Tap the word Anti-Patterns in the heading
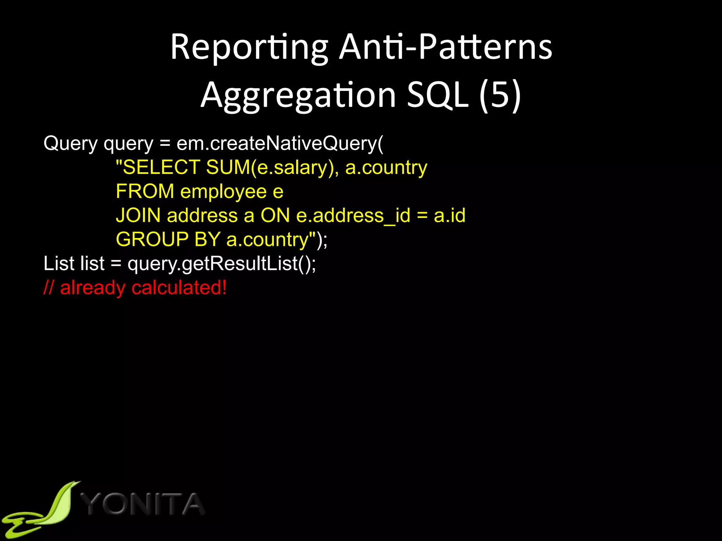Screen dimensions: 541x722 click(x=446, y=48)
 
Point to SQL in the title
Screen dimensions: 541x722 click(x=438, y=95)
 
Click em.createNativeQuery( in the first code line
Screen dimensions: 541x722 click(x=280, y=144)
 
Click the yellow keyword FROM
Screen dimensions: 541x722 click(x=145, y=192)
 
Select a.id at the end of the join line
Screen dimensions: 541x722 click(x=449, y=216)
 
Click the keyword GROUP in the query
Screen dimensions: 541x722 click(x=152, y=240)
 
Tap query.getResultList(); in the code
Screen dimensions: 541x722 click(x=222, y=264)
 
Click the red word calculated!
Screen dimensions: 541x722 click(x=179, y=288)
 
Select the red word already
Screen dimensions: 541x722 click(x=93, y=288)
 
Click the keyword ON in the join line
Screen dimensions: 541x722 click(x=275, y=216)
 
